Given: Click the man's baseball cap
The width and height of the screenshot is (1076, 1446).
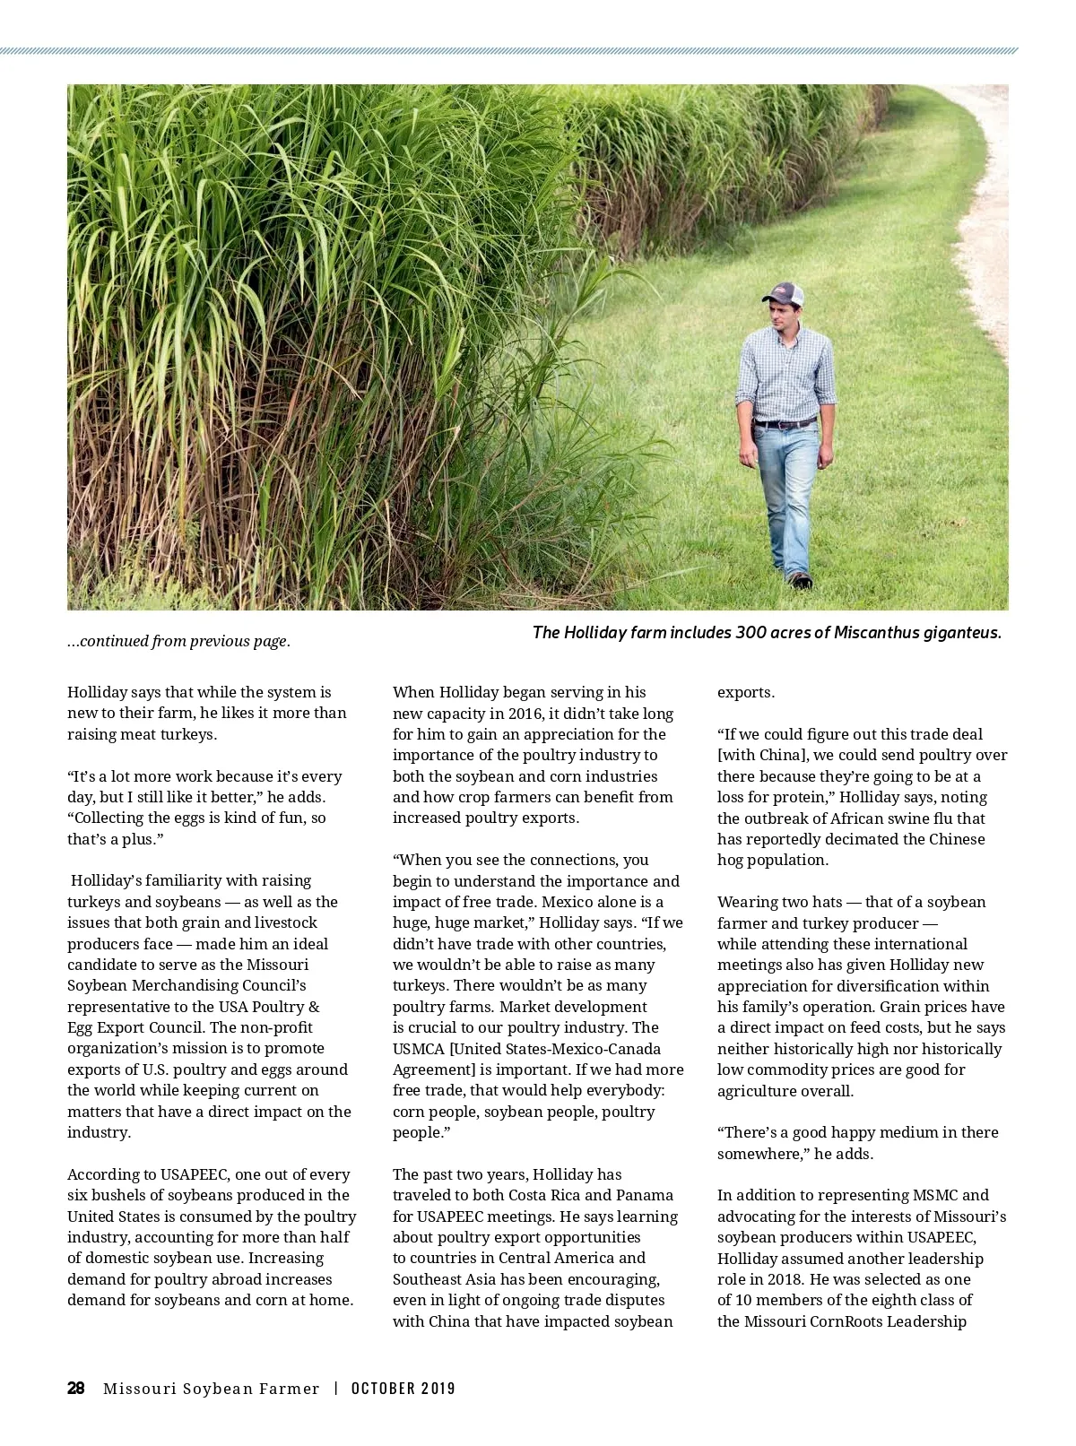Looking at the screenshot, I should [783, 293].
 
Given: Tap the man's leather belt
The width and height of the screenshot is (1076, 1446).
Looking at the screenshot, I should [784, 422].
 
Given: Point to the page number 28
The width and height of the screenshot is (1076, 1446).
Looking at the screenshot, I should [76, 1389].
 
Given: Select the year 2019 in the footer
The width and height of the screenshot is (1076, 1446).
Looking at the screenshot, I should [438, 1389].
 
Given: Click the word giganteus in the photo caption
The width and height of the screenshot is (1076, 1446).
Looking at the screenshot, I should [960, 633].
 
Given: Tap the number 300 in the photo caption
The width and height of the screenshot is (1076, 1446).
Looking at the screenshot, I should [752, 633].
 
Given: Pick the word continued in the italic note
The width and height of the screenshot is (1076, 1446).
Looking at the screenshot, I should [114, 641].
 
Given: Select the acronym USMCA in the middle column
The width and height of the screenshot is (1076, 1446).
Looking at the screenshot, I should [418, 1049].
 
